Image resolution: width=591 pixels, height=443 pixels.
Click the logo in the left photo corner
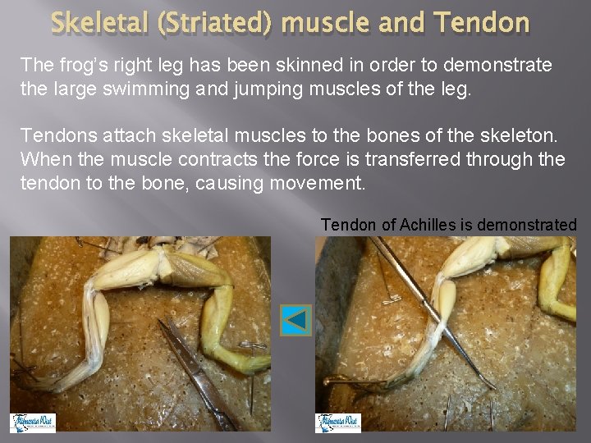point(33,422)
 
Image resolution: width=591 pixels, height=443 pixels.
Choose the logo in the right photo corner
point(338,422)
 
